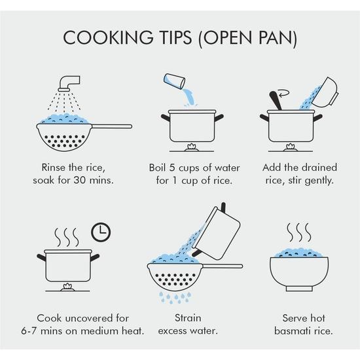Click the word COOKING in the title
pyautogui.click(x=108, y=37)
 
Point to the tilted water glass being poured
pyautogui.click(x=174, y=81)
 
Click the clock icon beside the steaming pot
pyautogui.click(x=101, y=232)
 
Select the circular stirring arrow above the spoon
pyautogui.click(x=283, y=93)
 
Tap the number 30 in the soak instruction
pyautogui.click(x=79, y=180)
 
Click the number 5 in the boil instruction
pyautogui.click(x=172, y=168)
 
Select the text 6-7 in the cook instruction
pyautogui.click(x=29, y=331)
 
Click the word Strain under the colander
pyautogui.click(x=188, y=318)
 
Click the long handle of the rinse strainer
pyautogui.click(x=112, y=126)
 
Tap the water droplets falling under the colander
pyautogui.click(x=175, y=298)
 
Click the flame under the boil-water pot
pyautogui.click(x=192, y=147)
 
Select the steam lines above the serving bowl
pyautogui.click(x=299, y=232)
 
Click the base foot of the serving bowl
pyautogui.click(x=299, y=289)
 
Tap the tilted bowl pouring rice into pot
pyautogui.click(x=325, y=92)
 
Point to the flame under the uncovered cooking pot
pyautogui.click(x=67, y=287)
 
